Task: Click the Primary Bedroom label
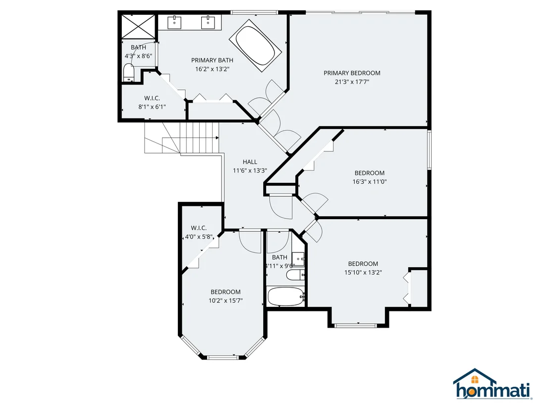[352, 73]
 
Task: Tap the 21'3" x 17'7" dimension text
[352, 82]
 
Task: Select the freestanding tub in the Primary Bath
[255, 46]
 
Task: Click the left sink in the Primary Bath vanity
[174, 22]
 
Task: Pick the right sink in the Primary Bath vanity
[208, 22]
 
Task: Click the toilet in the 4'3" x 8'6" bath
[129, 73]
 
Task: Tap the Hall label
[250, 162]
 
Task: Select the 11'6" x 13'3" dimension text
[250, 171]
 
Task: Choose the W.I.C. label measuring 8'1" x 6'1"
[152, 98]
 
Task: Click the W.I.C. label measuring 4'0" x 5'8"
[199, 228]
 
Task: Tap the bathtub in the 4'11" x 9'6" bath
[286, 297]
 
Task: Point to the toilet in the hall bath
[295, 275]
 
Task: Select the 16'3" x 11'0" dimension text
[369, 182]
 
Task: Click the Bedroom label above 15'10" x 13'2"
[363, 263]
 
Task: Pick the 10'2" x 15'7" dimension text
[225, 300]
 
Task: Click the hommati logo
[493, 384]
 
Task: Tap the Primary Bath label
[212, 60]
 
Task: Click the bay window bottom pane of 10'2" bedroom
[222, 357]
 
